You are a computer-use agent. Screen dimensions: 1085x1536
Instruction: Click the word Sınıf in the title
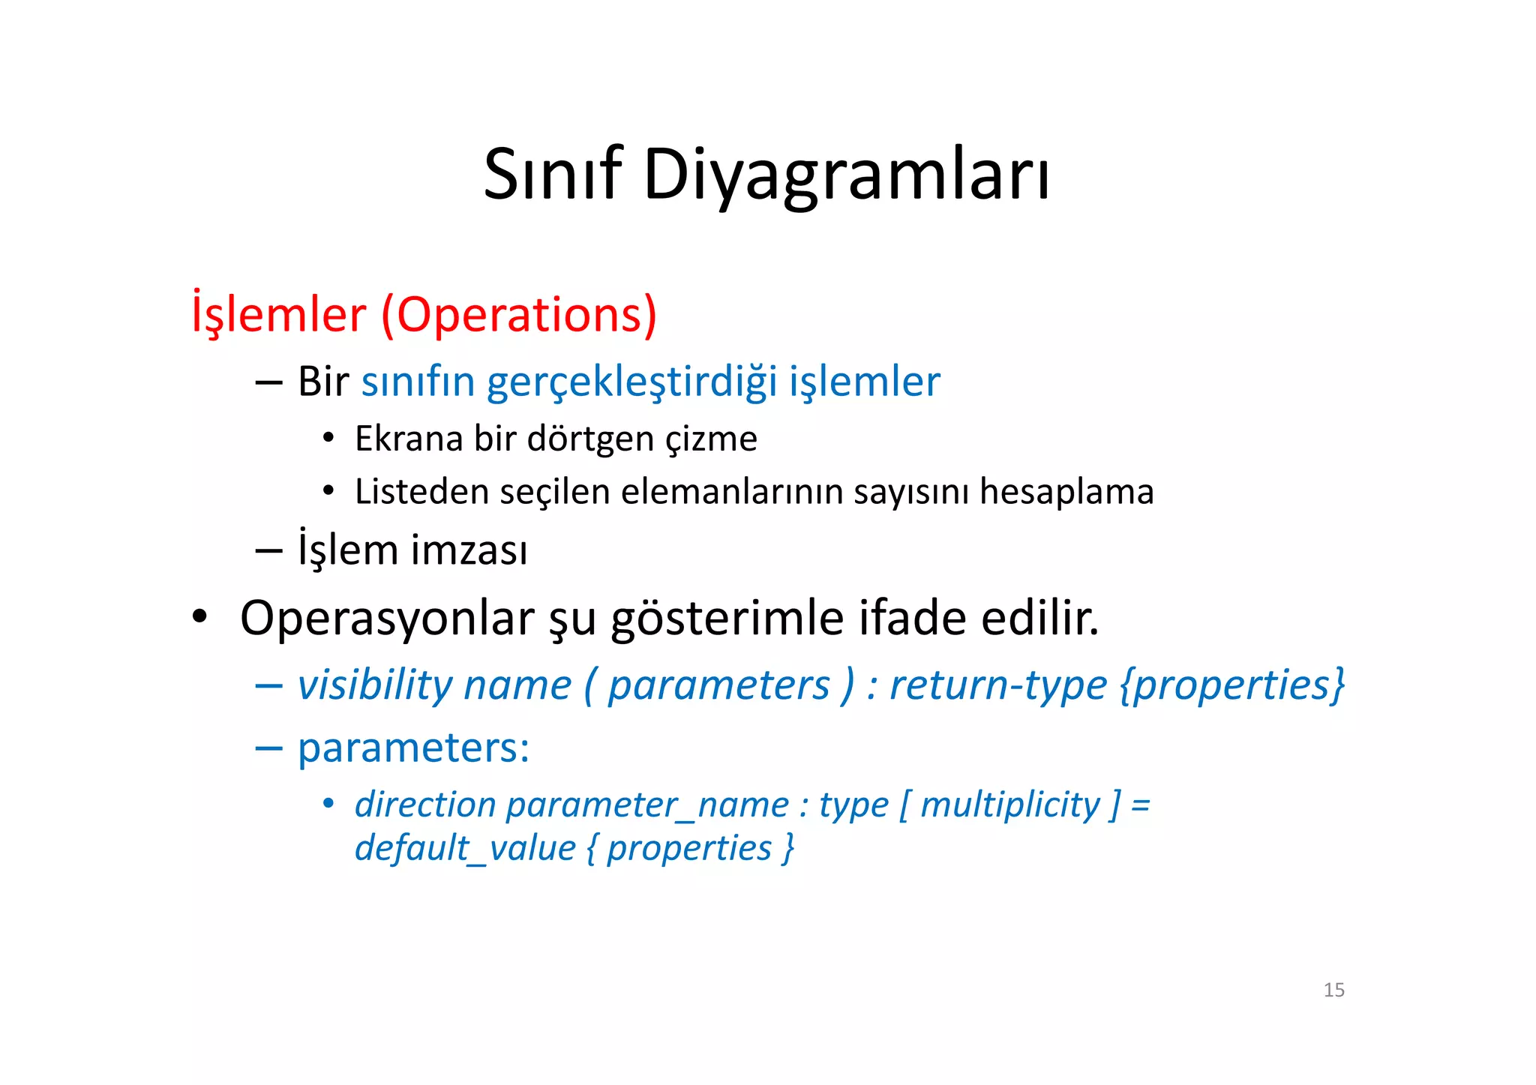(553, 174)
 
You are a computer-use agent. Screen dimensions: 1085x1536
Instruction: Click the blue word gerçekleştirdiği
(631, 382)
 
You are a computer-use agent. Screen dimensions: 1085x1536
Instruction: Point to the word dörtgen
(590, 439)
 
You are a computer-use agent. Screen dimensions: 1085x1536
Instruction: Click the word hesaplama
(1066, 492)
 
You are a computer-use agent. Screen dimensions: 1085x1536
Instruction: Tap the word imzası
(469, 550)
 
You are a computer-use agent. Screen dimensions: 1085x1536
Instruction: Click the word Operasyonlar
(387, 619)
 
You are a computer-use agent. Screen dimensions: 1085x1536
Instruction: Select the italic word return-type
(997, 685)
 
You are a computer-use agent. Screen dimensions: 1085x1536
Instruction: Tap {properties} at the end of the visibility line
(1232, 685)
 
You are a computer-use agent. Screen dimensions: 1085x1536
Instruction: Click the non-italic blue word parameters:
(413, 748)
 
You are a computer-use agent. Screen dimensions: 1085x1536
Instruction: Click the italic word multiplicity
(1010, 805)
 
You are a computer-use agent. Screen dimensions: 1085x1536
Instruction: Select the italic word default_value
(465, 849)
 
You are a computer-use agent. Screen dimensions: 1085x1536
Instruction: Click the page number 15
(1333, 990)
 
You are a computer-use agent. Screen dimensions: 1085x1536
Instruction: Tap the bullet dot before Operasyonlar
(199, 618)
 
